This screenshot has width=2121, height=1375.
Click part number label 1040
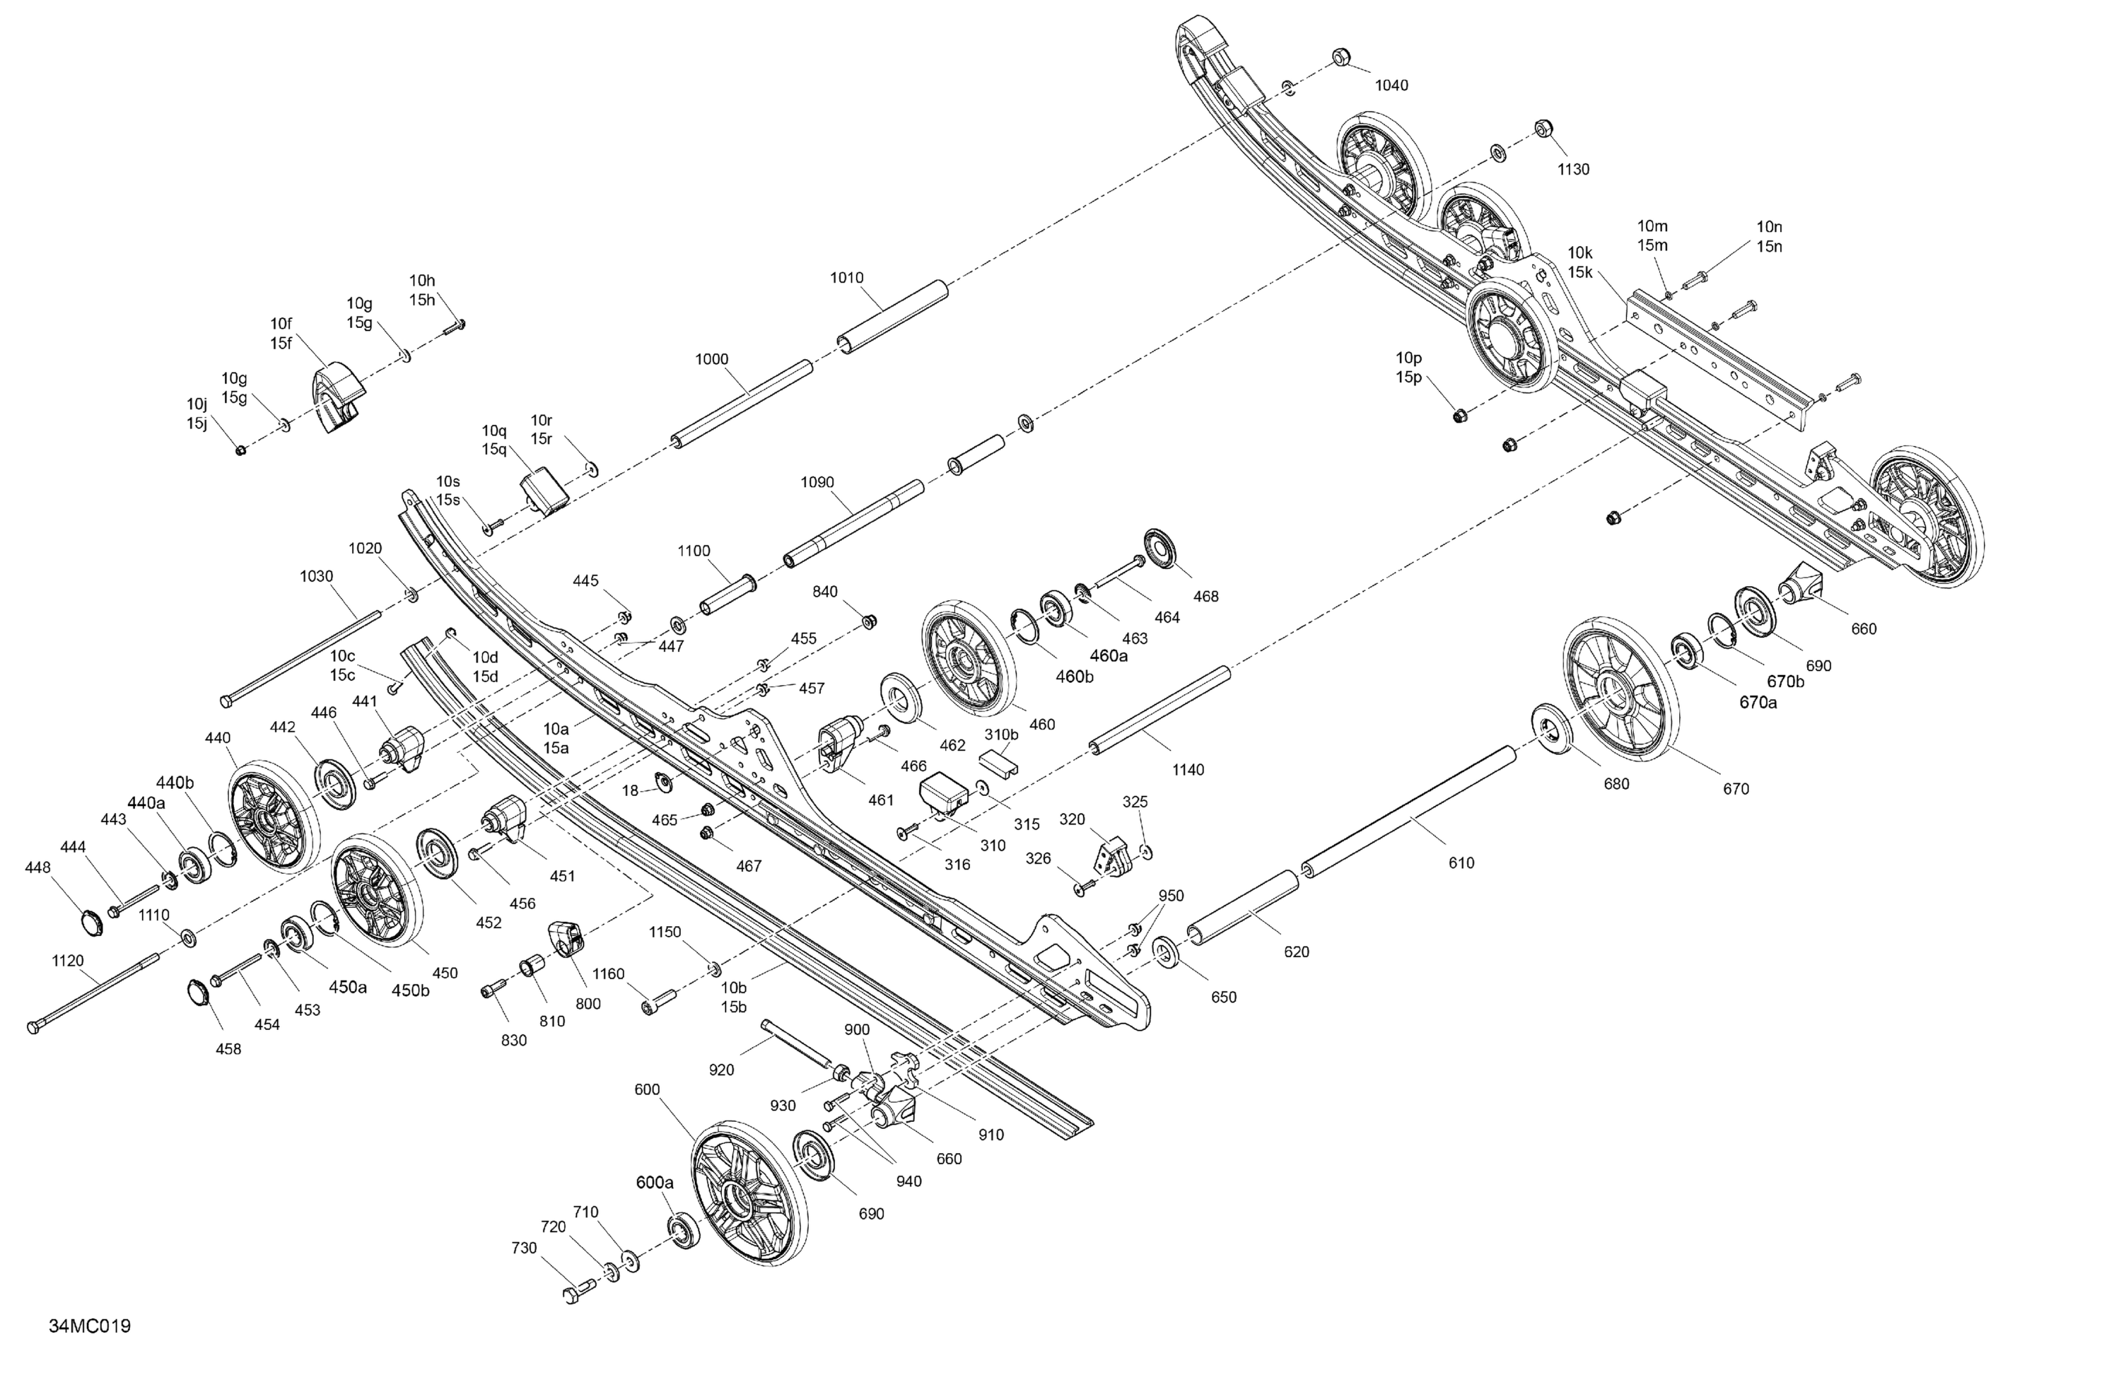1391,86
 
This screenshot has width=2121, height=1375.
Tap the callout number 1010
846,278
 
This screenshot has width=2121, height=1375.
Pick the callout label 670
1736,789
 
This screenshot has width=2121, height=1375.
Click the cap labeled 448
92,923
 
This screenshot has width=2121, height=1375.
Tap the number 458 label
228,1049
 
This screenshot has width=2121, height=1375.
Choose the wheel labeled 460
969,660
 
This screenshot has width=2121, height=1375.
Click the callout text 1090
817,483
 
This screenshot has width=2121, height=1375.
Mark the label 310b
1001,735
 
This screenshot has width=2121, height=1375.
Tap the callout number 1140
1188,770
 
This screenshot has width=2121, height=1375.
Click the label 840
825,592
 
